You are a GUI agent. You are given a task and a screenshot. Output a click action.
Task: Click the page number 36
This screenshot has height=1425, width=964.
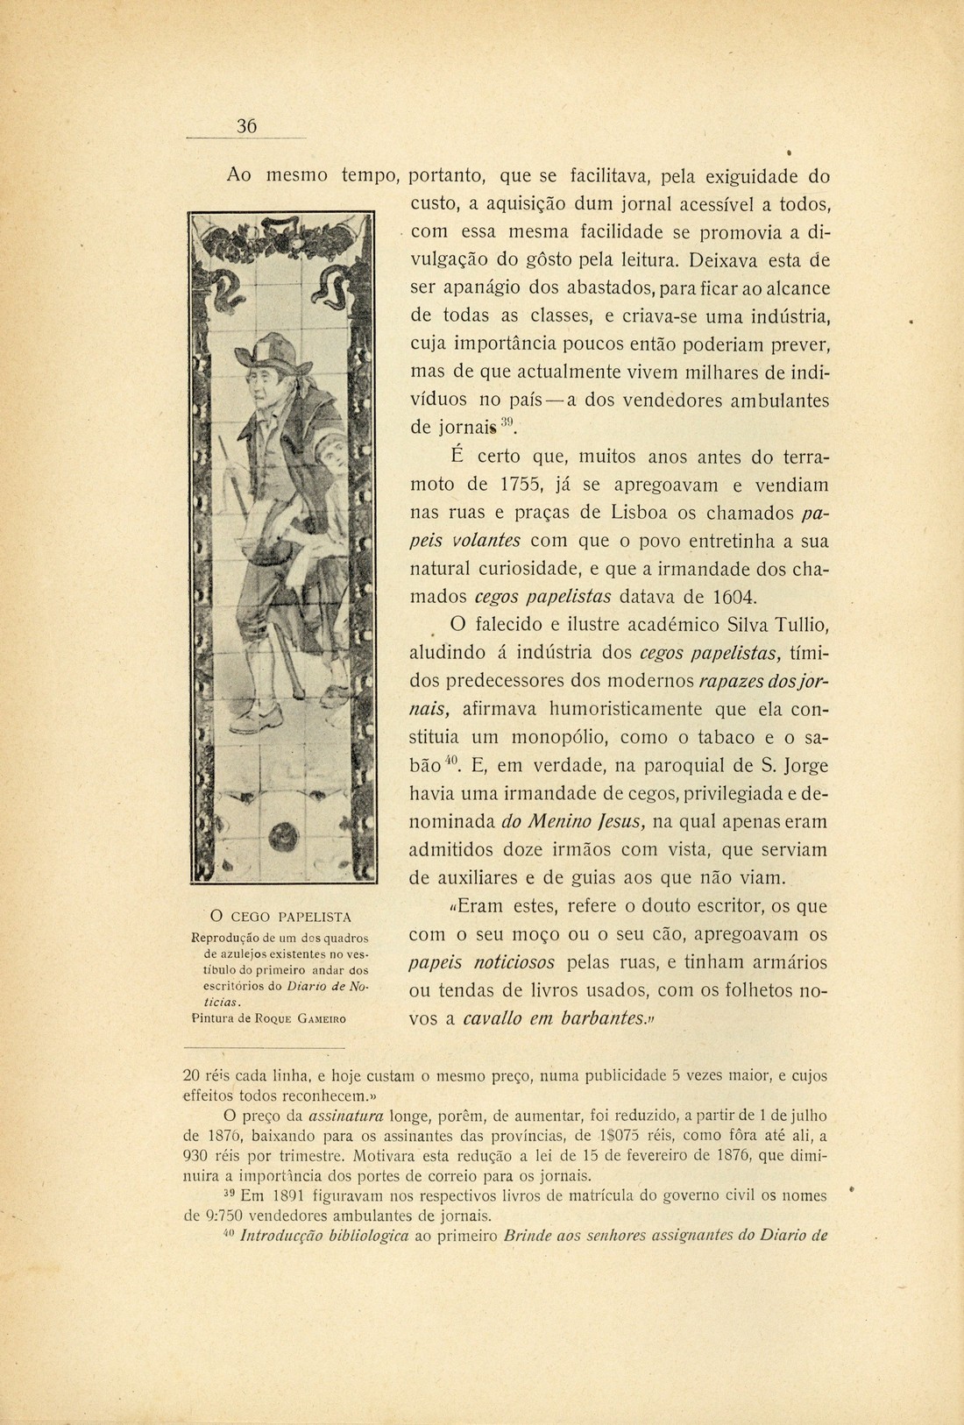[x=246, y=126]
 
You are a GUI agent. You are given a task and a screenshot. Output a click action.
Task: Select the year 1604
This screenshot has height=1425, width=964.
[x=727, y=598]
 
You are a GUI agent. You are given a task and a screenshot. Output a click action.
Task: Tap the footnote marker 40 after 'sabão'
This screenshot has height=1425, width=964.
[x=452, y=761]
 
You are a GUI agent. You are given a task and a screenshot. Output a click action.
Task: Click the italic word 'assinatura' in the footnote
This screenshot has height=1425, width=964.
[x=342, y=1117]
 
